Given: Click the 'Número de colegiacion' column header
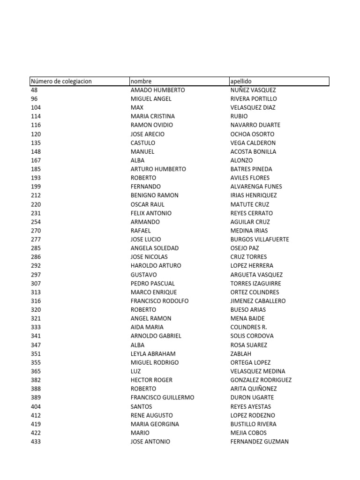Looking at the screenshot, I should (x=61, y=81).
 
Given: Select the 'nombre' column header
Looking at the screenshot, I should (x=141, y=81).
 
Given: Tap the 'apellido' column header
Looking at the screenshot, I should (x=241, y=81).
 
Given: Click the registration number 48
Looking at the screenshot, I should (x=34, y=90).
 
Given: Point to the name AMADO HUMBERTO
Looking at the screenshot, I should (x=157, y=90).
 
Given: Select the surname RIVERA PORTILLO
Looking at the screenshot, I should (x=254, y=99).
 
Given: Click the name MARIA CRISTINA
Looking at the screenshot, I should (x=152, y=116).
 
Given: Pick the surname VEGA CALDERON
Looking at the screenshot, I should (x=253, y=142).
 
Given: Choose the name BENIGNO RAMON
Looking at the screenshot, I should (x=154, y=195).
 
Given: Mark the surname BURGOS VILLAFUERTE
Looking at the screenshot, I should (x=260, y=239).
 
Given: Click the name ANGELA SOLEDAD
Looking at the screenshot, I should (x=154, y=248).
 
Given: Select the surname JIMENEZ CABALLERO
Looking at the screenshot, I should (x=258, y=301).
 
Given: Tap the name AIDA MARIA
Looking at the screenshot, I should (x=147, y=327).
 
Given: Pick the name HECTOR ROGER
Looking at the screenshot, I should (x=151, y=380).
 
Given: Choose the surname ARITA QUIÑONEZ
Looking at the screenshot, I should (x=254, y=389).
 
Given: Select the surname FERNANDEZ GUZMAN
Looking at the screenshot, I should (x=260, y=442).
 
